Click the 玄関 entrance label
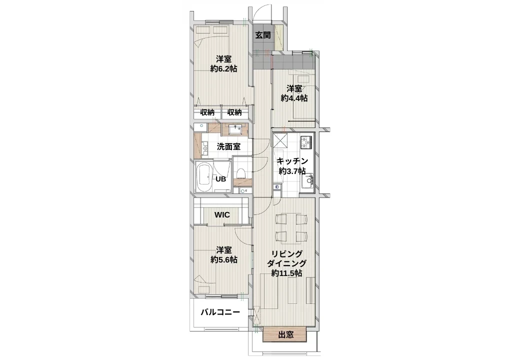coord(263,35)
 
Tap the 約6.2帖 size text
coord(224,69)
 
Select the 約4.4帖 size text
coord(294,98)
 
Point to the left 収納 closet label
coord(207,112)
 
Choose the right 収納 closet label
coord(234,112)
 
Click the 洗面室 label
coord(229,146)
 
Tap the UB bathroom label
coord(221,179)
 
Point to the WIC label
coord(222,215)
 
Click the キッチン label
coord(292,161)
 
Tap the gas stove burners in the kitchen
coord(306,142)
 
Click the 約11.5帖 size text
coord(286,273)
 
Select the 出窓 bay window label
coord(285,335)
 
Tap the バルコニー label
coord(220,312)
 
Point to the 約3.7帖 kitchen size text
coord(292,171)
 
